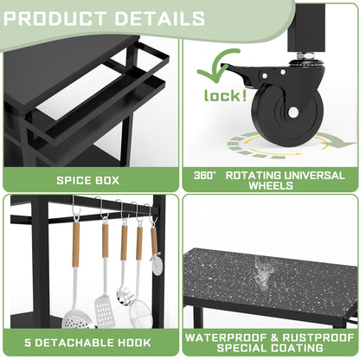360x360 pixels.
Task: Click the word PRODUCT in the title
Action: (55, 19)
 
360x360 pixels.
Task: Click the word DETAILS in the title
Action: (160, 19)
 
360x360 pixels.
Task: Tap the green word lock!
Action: (225, 95)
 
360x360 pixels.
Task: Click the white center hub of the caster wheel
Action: (293, 112)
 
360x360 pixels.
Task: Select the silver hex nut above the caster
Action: (305, 55)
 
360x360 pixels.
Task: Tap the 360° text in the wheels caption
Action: (204, 176)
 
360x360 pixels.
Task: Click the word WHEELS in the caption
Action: (271, 185)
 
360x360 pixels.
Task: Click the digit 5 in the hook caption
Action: (28, 343)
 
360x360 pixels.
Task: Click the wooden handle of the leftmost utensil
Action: (76, 244)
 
